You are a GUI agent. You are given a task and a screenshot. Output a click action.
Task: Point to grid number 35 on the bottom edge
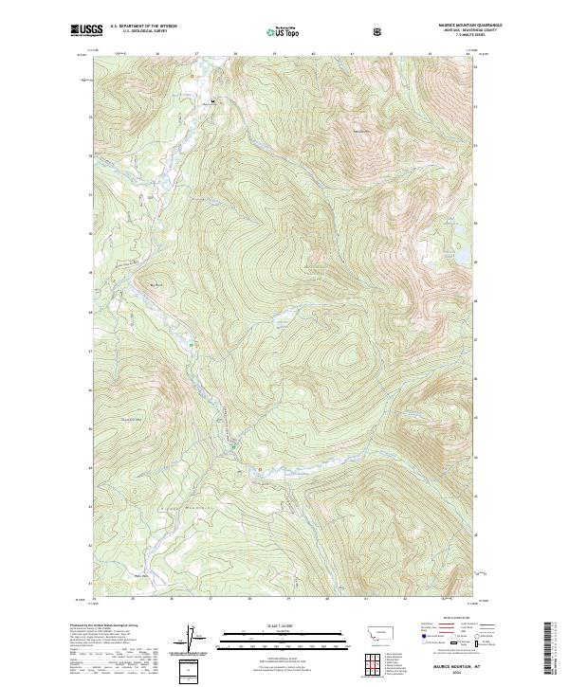tap(133, 600)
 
